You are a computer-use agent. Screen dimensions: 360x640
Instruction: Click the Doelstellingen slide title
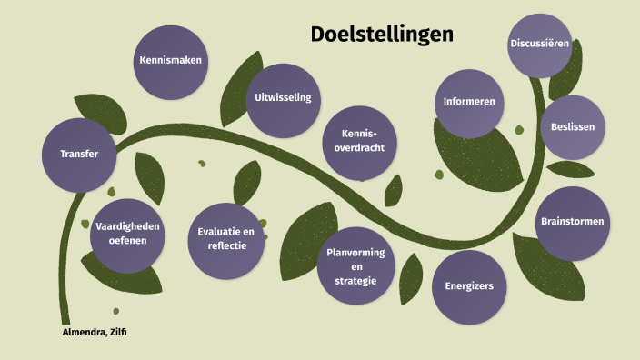coord(382,35)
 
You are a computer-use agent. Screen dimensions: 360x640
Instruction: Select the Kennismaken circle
coord(170,61)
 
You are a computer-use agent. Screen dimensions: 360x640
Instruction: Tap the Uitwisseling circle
coord(283,99)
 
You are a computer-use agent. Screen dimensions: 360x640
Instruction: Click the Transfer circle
coord(79,154)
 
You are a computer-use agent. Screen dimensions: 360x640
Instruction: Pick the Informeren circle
coord(469,102)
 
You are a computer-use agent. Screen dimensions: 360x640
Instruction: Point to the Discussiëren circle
coord(540,45)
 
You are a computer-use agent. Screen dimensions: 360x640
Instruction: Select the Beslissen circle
coord(573,127)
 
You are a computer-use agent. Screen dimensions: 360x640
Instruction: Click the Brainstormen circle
coord(572,222)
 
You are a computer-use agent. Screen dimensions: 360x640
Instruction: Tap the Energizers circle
coord(469,286)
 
